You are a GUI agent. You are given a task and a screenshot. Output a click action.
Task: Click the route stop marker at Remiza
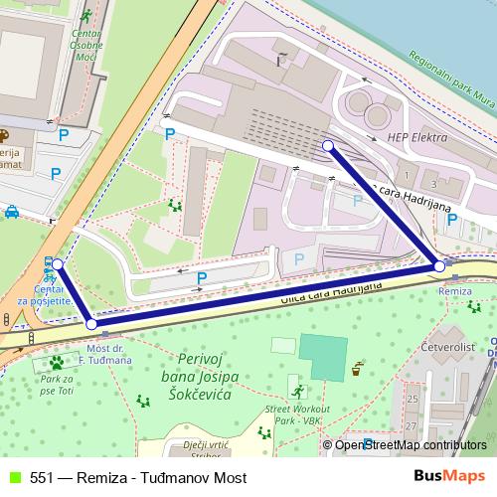(439, 266)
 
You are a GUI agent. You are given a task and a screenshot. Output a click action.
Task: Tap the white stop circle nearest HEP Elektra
(328, 146)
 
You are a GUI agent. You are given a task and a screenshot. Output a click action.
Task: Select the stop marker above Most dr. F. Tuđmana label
(91, 323)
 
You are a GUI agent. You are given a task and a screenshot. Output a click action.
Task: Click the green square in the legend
(14, 478)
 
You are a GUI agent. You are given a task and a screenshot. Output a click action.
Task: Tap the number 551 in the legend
(41, 478)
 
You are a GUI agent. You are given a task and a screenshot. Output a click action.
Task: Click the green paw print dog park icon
(56, 363)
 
